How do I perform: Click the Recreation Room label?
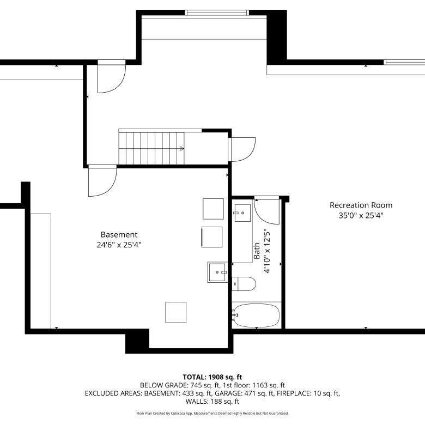pos(361,205)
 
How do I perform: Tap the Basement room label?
pos(119,234)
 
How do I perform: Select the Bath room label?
pos(257,251)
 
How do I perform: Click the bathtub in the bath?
pos(257,315)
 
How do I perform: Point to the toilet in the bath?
pos(244,284)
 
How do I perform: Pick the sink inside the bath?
pos(242,212)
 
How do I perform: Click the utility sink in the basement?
pos(217,272)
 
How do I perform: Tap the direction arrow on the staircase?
pos(182,149)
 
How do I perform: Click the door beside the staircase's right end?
pos(242,150)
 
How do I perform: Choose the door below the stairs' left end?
pos(102,180)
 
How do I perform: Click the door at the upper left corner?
pos(112,76)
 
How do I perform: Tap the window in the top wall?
pos(217,13)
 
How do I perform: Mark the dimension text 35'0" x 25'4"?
pos(361,215)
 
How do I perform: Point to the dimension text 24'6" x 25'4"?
pos(119,245)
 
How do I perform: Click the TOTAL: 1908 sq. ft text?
pos(212,377)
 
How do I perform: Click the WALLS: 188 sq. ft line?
pos(212,402)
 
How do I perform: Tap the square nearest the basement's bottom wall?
pos(176,313)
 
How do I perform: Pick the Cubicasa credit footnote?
pos(212,414)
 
